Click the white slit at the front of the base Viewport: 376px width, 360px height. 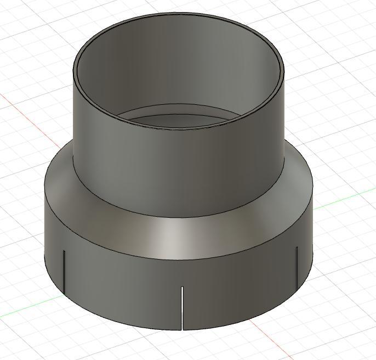[x=182, y=307]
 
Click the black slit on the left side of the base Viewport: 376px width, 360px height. [x=64, y=272]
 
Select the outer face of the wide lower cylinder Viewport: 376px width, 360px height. [x=137, y=285]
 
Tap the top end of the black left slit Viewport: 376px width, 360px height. [x=64, y=251]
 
